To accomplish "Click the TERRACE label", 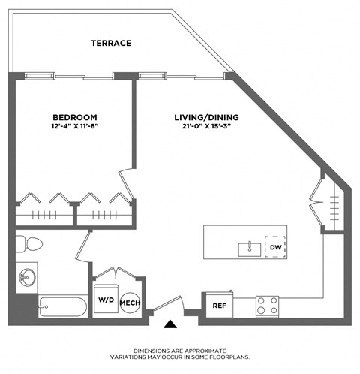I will click(x=111, y=44).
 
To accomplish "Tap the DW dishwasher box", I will click(x=275, y=247).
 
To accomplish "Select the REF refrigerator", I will click(x=220, y=306).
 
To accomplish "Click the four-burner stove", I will click(x=268, y=306).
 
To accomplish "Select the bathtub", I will click(x=63, y=306).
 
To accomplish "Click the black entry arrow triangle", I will click(x=171, y=325).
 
